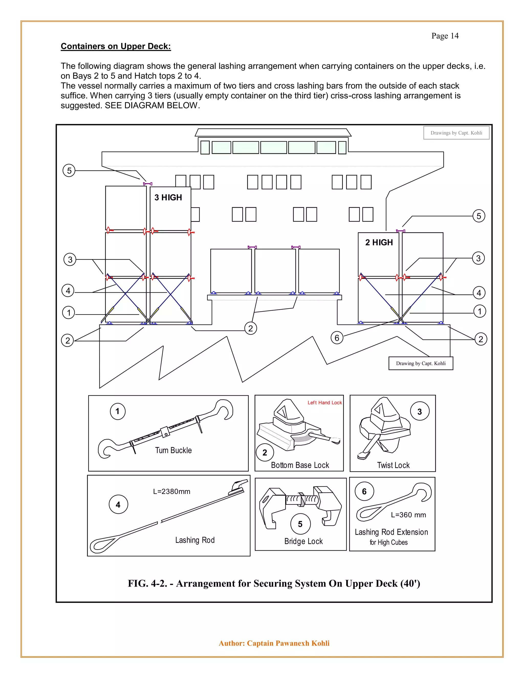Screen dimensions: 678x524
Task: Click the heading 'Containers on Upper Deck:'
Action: [116, 46]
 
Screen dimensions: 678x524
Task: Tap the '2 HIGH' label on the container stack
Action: [379, 243]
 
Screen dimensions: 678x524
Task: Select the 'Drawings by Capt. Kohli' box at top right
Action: [456, 133]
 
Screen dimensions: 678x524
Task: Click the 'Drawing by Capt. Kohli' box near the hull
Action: [421, 363]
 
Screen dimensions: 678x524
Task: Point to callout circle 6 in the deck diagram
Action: [337, 338]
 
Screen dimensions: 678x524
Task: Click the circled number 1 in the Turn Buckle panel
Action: [118, 411]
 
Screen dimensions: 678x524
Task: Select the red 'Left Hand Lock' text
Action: [324, 403]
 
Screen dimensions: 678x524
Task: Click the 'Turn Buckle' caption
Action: [173, 451]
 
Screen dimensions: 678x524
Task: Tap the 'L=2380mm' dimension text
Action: [171, 491]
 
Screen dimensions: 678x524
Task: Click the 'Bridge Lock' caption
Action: [303, 541]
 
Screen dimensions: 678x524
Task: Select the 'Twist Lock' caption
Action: [393, 465]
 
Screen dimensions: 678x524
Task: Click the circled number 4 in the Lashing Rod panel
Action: [118, 505]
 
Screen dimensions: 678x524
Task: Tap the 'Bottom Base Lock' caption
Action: [300, 465]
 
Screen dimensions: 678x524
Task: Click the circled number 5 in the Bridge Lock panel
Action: [300, 524]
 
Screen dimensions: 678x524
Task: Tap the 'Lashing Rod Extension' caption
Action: [391, 532]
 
